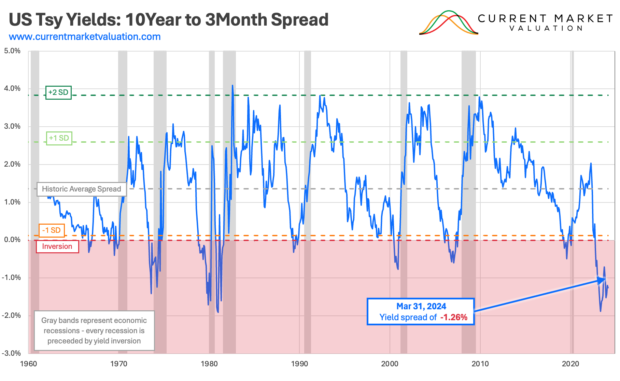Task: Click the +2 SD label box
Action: [x=58, y=93]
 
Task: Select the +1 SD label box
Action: [x=59, y=138]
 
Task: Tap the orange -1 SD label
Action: [x=52, y=230]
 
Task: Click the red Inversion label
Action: [x=57, y=246]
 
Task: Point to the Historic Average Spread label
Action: [x=82, y=189]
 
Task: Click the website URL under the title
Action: [x=85, y=37]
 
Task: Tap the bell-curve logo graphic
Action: [x=448, y=23]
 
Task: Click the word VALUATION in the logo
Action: [x=546, y=28]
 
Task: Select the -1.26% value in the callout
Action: [x=454, y=317]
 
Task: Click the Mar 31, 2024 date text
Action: [x=421, y=306]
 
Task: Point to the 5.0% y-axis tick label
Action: [x=12, y=51]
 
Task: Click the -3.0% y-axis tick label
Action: [x=12, y=353]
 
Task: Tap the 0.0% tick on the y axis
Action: [x=12, y=240]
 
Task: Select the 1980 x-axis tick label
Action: [x=209, y=364]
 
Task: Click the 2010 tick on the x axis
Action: [x=480, y=364]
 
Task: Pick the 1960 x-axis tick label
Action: [x=29, y=364]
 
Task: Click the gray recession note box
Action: [x=94, y=330]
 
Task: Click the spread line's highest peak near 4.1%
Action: [x=232, y=86]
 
